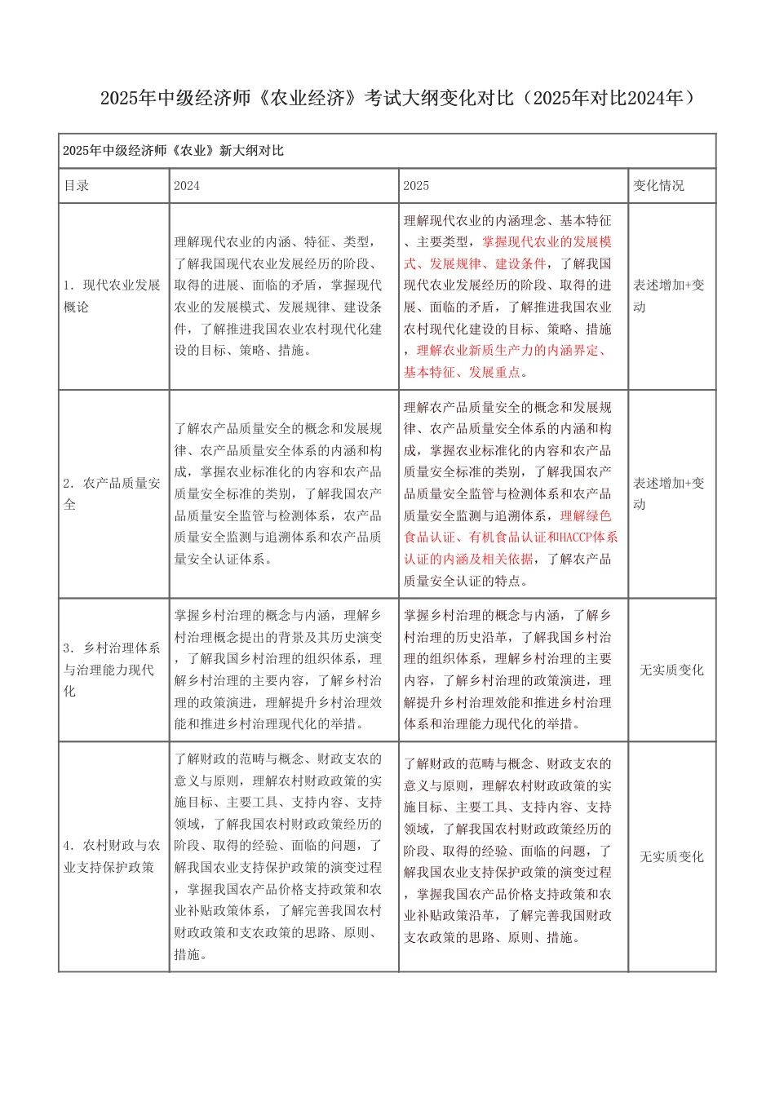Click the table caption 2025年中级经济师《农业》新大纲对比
tap(173, 151)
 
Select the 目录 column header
tap(77, 186)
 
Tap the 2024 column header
tap(187, 186)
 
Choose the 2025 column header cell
tap(416, 186)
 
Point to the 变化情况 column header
tap(658, 186)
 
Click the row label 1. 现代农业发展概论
tap(112, 296)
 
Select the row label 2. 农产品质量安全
tap(112, 493)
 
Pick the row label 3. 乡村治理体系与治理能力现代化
tap(112, 670)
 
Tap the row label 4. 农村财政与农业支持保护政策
tap(112, 856)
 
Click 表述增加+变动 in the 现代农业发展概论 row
tap(668, 296)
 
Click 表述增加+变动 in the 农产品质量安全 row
tap(668, 493)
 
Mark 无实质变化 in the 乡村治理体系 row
tap(671, 670)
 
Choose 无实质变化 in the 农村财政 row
tap(671, 857)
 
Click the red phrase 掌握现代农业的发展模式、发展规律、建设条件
tap(506, 253)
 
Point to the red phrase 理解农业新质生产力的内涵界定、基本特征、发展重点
tap(506, 361)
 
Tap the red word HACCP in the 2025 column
tap(576, 537)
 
